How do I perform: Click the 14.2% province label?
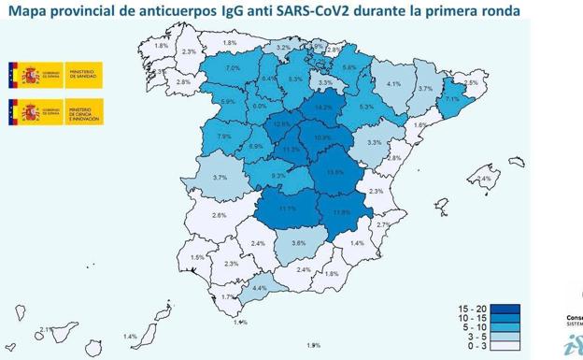click(x=323, y=108)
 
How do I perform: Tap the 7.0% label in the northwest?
click(x=233, y=68)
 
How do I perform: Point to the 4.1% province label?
click(x=393, y=84)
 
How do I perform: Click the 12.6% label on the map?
click(x=282, y=124)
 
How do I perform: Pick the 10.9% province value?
click(x=322, y=137)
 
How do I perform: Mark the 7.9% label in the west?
click(x=224, y=137)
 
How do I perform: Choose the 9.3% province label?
click(x=278, y=176)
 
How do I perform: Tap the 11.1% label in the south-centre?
click(x=287, y=209)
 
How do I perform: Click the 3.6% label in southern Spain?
click(x=298, y=243)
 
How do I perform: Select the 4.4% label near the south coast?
click(x=260, y=288)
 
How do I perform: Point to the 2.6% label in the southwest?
click(x=220, y=215)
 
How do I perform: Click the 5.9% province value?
click(x=227, y=102)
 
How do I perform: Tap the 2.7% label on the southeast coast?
click(x=383, y=224)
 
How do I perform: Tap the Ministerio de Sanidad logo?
click(x=55, y=75)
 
